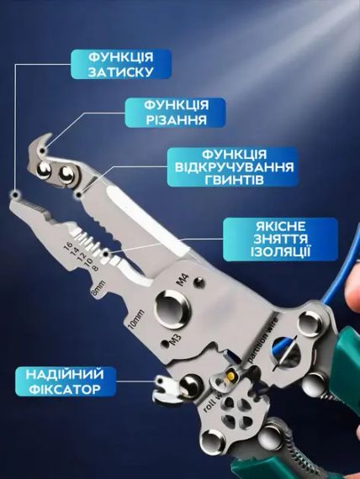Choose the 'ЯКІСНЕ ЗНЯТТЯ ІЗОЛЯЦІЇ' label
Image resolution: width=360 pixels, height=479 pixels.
(x=270, y=240)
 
